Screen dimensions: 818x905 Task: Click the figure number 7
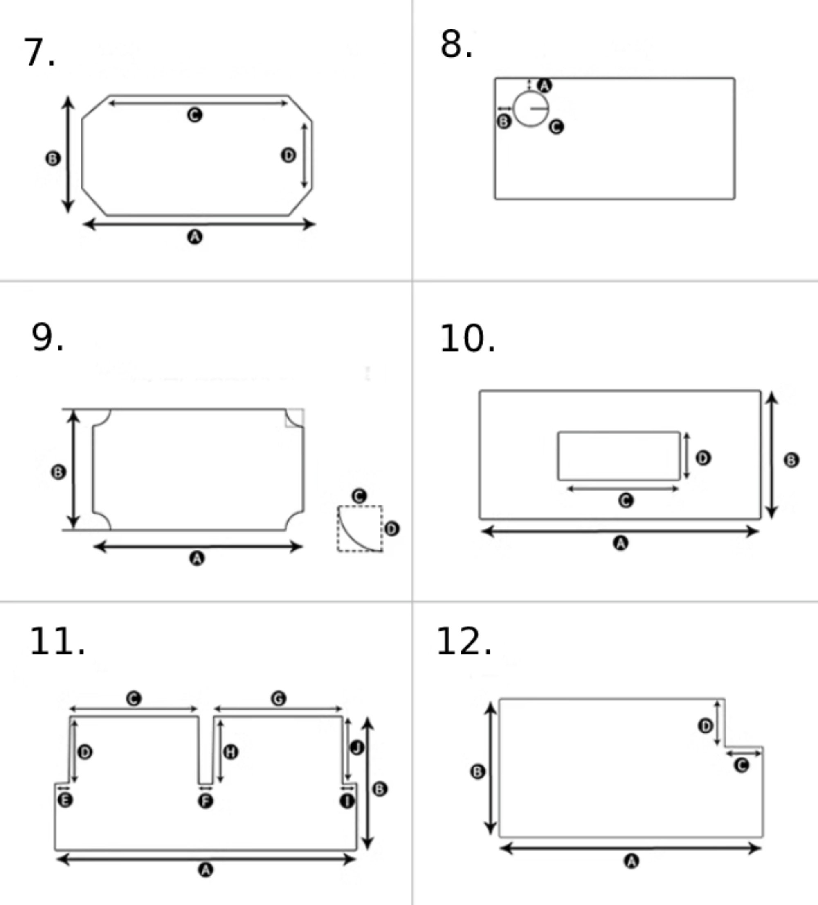point(39,52)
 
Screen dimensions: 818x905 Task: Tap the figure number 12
point(464,643)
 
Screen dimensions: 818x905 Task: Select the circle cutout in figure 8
point(531,109)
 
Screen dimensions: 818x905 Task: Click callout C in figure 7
point(195,115)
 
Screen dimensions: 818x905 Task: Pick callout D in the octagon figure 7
point(288,155)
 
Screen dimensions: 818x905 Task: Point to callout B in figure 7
point(53,158)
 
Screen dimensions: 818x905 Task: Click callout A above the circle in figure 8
point(544,85)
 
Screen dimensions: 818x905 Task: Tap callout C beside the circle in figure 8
point(556,127)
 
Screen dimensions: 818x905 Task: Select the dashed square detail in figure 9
point(360,529)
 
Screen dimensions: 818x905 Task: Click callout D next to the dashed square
point(391,529)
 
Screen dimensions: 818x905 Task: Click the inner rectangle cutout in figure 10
point(619,456)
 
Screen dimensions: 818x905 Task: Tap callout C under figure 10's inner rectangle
point(626,500)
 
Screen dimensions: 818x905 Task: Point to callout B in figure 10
point(791,460)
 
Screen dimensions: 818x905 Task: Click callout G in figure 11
point(279,699)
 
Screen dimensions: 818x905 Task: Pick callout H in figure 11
point(231,752)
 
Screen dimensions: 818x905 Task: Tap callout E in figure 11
point(65,800)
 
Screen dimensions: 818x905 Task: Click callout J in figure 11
point(357,748)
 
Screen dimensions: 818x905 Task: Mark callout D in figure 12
point(706,726)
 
